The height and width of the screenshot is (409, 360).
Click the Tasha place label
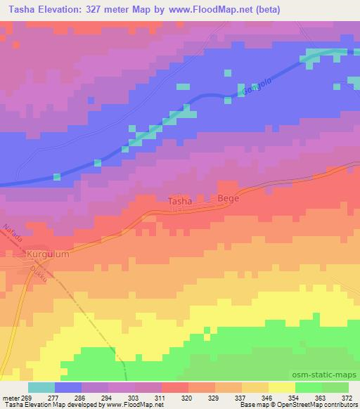pos(179,202)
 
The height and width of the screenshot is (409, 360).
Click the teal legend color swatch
pos(41,387)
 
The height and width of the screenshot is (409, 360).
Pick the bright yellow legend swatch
pos(281,387)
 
